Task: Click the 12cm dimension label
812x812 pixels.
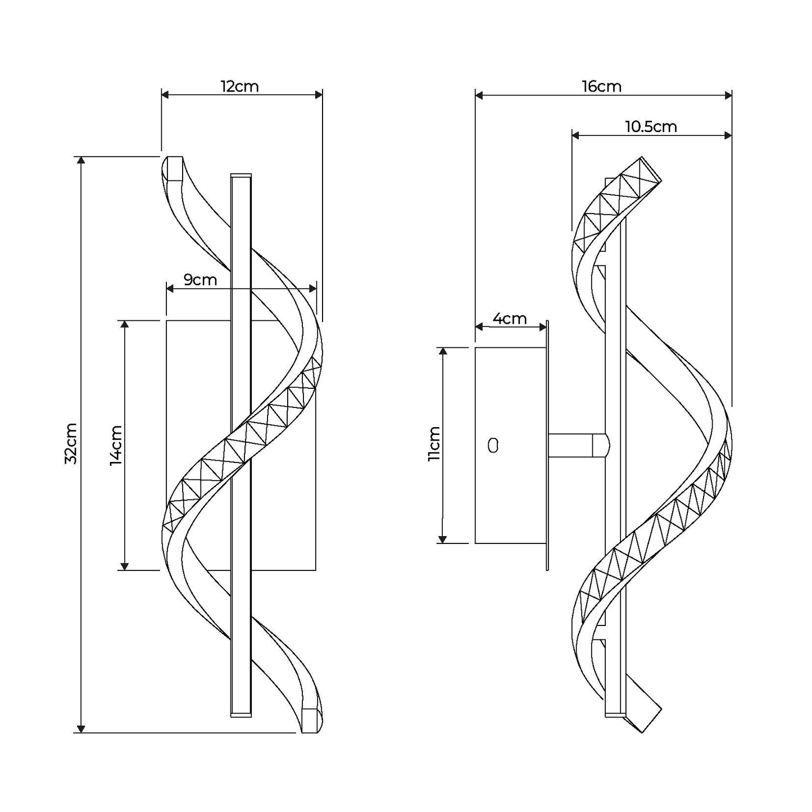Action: point(239,87)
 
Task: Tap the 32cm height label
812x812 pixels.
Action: point(71,443)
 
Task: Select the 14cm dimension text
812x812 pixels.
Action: point(116,445)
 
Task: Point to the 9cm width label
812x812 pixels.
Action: point(200,279)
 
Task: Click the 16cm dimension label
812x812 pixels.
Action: point(602,87)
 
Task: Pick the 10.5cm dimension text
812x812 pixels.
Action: point(651,126)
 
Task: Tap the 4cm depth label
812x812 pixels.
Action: point(510,319)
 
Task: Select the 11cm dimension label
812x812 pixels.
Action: point(434,444)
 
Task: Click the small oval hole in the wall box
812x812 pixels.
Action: point(493,446)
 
